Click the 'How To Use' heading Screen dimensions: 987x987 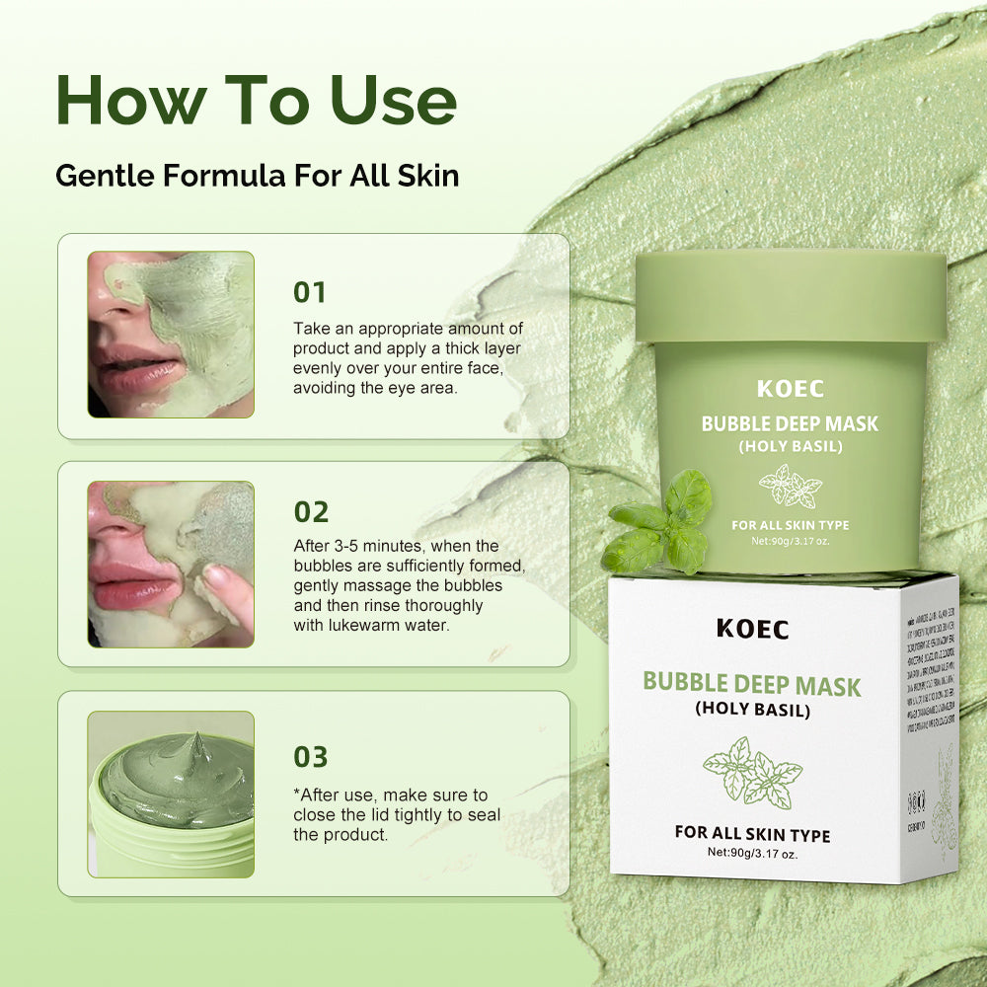(257, 99)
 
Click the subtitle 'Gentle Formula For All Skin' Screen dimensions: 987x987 (257, 176)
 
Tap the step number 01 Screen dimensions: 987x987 (310, 293)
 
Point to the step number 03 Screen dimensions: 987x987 (311, 757)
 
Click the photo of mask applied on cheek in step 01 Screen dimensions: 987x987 (171, 334)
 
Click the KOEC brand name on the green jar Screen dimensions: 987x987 (790, 389)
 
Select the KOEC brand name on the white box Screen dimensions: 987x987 (752, 629)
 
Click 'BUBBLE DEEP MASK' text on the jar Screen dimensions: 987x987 (790, 424)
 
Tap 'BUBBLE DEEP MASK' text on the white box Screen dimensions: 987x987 (752, 683)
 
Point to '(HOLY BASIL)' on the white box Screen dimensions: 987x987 (752, 709)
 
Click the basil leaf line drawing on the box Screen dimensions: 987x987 (752, 771)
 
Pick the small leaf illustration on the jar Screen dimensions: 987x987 (790, 486)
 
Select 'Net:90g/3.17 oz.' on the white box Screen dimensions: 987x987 (752, 854)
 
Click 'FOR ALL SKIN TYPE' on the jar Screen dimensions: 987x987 (790, 525)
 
